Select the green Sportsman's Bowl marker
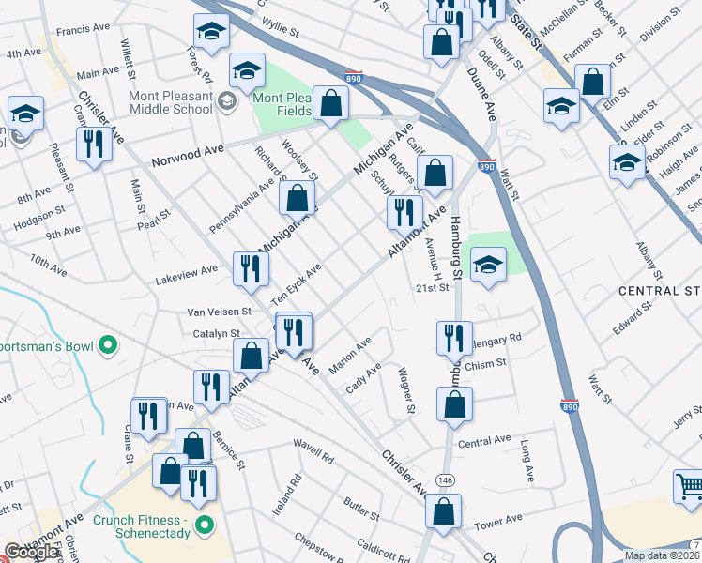pos(108,346)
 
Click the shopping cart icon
pos(689,486)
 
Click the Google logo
pos(32,552)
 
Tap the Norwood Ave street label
pos(188,151)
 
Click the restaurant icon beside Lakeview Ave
pos(251,269)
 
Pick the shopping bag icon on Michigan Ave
pos(297,198)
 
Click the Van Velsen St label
pos(220,311)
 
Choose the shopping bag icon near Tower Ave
pos(443,511)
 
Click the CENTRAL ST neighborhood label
pos(659,292)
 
